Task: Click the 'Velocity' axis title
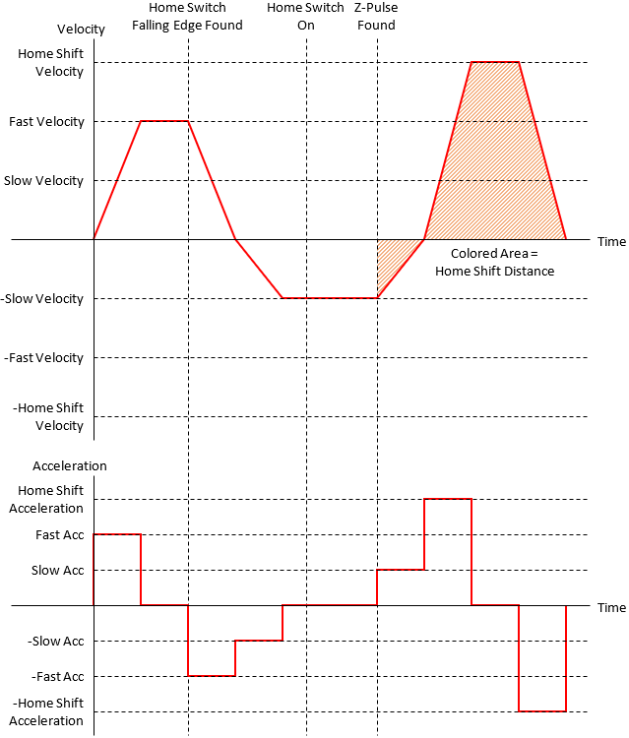click(x=82, y=30)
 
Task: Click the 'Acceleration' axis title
click(x=70, y=465)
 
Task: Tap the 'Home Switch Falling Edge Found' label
click(x=187, y=17)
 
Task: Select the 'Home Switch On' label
click(x=305, y=17)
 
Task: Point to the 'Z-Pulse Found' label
click(x=376, y=17)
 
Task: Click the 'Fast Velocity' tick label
click(x=46, y=122)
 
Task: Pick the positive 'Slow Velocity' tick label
click(x=43, y=181)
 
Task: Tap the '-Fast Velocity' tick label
click(x=44, y=358)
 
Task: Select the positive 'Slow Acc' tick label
click(x=59, y=571)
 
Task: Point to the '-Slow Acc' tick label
click(x=57, y=642)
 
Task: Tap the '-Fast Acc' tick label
click(x=59, y=677)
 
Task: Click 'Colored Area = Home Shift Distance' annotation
click(x=495, y=262)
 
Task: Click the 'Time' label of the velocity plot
click(x=610, y=241)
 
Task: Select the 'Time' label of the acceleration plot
click(x=610, y=607)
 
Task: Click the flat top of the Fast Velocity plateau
click(x=164, y=121)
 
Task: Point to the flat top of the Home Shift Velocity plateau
click(x=495, y=62)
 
